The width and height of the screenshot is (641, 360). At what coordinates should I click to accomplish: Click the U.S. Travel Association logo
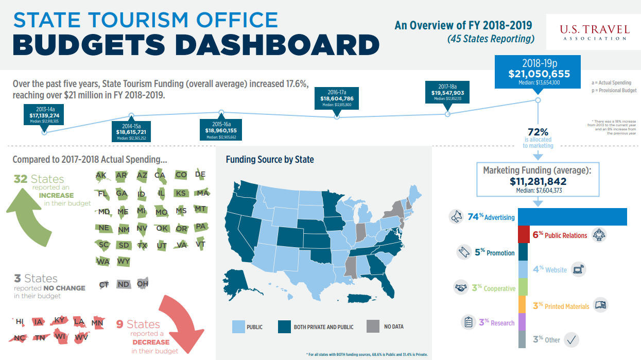pyautogui.click(x=594, y=31)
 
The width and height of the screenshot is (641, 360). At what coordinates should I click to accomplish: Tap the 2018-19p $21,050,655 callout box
pyautogui.click(x=539, y=72)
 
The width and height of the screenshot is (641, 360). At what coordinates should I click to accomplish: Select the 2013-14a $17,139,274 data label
pyautogui.click(x=44, y=115)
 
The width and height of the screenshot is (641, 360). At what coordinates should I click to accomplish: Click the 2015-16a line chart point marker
pyautogui.click(x=221, y=112)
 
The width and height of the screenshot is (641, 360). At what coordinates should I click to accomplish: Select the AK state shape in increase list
pyautogui.click(x=101, y=176)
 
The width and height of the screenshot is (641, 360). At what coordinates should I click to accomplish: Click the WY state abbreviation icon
pyautogui.click(x=124, y=261)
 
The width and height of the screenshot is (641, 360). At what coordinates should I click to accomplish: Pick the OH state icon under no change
pyautogui.click(x=143, y=284)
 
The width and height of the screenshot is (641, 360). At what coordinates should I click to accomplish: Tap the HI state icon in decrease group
pyautogui.click(x=20, y=322)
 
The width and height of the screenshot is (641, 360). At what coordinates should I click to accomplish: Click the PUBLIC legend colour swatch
pyautogui.click(x=237, y=327)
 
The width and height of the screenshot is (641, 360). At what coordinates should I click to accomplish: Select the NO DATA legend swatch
pyautogui.click(x=373, y=327)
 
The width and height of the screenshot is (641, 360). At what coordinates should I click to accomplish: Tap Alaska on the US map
pyautogui.click(x=238, y=281)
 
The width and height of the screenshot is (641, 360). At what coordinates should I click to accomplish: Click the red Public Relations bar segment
pyautogui.click(x=523, y=235)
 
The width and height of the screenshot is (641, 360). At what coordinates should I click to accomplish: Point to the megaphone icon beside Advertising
pyautogui.click(x=456, y=217)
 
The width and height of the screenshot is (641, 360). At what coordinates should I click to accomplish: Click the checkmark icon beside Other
pyautogui.click(x=571, y=339)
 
